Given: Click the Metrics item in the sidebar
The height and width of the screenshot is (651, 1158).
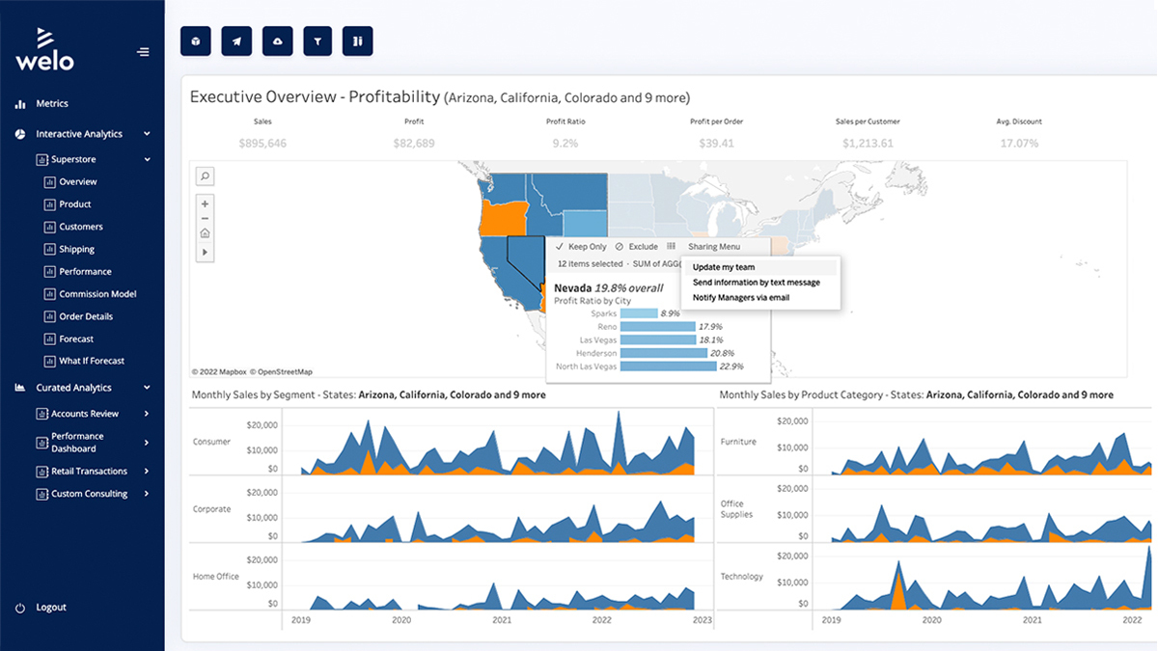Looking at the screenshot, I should point(52,103).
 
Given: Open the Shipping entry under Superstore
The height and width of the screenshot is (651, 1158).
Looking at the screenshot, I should point(76,249).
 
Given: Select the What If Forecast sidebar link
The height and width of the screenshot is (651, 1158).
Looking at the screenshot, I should point(91,361).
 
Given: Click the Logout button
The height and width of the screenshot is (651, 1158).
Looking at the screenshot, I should point(50,608).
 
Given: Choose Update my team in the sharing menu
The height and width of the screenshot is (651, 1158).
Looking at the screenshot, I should point(724,267).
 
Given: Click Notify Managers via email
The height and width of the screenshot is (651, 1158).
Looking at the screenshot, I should point(741,298).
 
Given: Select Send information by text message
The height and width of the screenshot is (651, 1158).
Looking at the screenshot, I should point(756,283).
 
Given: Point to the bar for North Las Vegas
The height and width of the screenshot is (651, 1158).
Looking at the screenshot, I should point(669,366).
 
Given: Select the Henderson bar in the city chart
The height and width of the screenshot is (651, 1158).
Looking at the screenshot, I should point(664,353).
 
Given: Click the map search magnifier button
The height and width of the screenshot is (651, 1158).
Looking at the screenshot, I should point(205,176).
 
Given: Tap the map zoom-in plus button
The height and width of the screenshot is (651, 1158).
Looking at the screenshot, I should point(205,203).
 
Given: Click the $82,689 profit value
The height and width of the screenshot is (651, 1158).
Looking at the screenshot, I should point(414,143).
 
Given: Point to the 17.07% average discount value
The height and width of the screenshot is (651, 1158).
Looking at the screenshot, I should point(1019,143).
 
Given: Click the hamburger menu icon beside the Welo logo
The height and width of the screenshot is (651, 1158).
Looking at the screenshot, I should point(144,52).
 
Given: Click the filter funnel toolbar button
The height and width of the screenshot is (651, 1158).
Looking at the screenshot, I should point(317,41).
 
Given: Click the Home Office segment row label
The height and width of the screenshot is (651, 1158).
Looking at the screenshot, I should point(216,577).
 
